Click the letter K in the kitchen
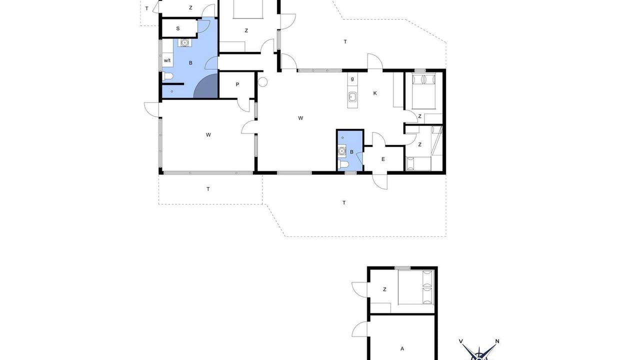[375, 93]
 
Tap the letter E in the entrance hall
[383, 159]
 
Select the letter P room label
[237, 84]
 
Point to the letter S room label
[178, 28]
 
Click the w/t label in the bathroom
[167, 60]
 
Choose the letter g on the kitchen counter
[352, 79]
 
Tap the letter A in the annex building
[402, 348]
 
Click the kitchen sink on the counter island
[352, 97]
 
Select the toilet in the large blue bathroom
[168, 76]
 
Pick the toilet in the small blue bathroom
[343, 164]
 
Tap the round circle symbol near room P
[262, 82]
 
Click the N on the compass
[497, 341]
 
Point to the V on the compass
[460, 341]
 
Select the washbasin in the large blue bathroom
[185, 42]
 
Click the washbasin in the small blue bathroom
[341, 150]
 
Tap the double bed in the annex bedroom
[416, 291]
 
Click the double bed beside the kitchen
[423, 91]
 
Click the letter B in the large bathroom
[190, 63]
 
